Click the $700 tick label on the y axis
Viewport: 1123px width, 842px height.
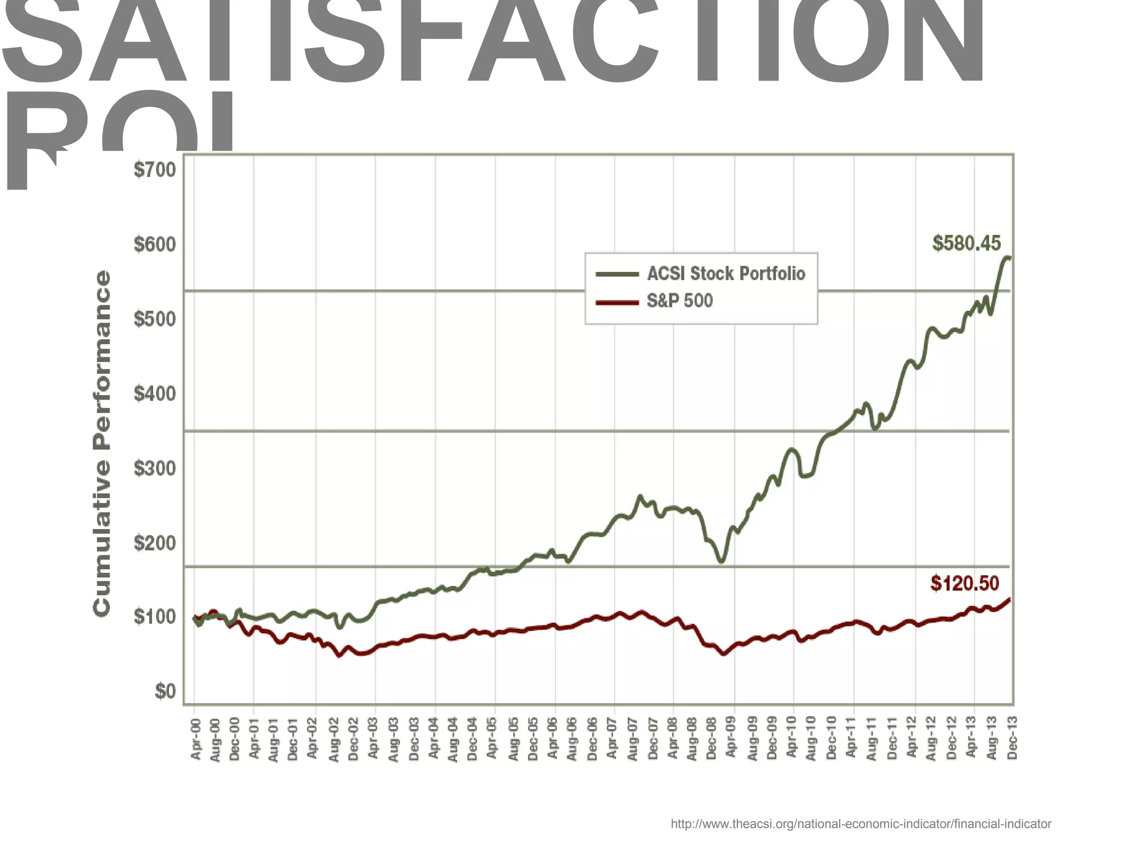pos(155,170)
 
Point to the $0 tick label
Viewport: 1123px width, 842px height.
pos(165,691)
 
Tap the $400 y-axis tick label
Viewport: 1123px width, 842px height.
pos(155,394)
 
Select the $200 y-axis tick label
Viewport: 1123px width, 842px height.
pos(155,543)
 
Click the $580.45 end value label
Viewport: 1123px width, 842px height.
pos(966,243)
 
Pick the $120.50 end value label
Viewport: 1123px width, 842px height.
pos(965,583)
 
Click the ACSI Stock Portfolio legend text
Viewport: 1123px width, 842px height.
pos(726,274)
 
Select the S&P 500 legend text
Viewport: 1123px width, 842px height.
pos(679,301)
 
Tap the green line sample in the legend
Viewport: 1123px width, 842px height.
pos(617,274)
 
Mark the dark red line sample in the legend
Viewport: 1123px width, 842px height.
pos(617,302)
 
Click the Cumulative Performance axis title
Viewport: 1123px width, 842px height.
pos(102,443)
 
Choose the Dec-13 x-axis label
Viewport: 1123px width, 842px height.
pos(1012,738)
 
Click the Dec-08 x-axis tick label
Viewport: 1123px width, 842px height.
pos(712,738)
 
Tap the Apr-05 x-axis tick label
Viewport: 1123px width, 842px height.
pos(492,738)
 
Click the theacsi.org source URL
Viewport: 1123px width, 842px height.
pos(861,824)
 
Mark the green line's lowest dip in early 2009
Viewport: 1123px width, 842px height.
pos(722,561)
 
